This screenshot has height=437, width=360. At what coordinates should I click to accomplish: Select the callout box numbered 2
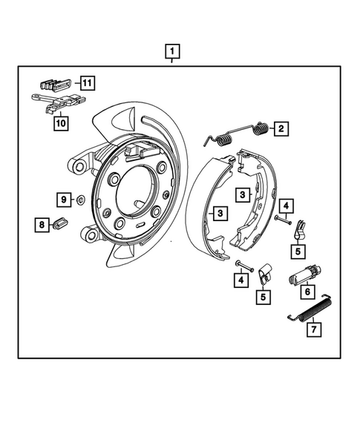click(281, 129)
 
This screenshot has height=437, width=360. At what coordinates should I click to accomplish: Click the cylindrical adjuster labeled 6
click(303, 274)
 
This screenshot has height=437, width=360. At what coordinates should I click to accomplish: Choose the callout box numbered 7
click(313, 328)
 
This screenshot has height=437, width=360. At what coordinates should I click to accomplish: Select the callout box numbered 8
click(43, 223)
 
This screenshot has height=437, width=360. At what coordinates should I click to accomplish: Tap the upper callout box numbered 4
click(286, 204)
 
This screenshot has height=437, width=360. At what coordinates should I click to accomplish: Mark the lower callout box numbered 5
click(262, 298)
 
